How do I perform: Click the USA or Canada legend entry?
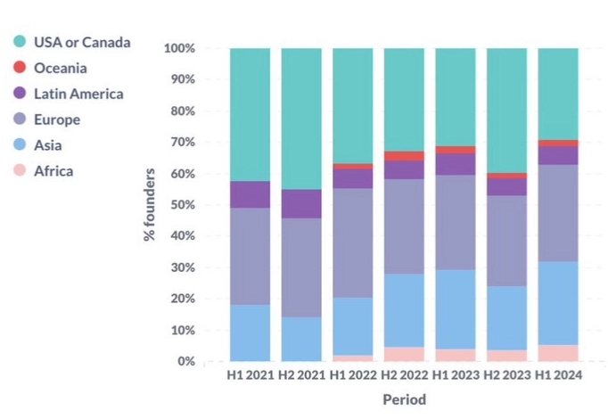pos(81,42)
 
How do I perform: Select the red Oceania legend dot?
pos(19,68)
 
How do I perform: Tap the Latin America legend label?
pos(78,94)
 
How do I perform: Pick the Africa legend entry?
pos(53,171)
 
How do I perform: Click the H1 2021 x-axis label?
pos(250,376)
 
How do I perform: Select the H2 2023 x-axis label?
pos(506,376)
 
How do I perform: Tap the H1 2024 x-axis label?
pos(558,376)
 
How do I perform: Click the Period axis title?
pos(404,399)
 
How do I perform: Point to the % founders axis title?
pos(150,204)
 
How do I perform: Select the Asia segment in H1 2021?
pos(250,333)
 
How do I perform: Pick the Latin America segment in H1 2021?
pos(250,194)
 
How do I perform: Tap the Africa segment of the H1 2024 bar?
pos(558,353)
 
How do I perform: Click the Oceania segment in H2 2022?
pos(404,156)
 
